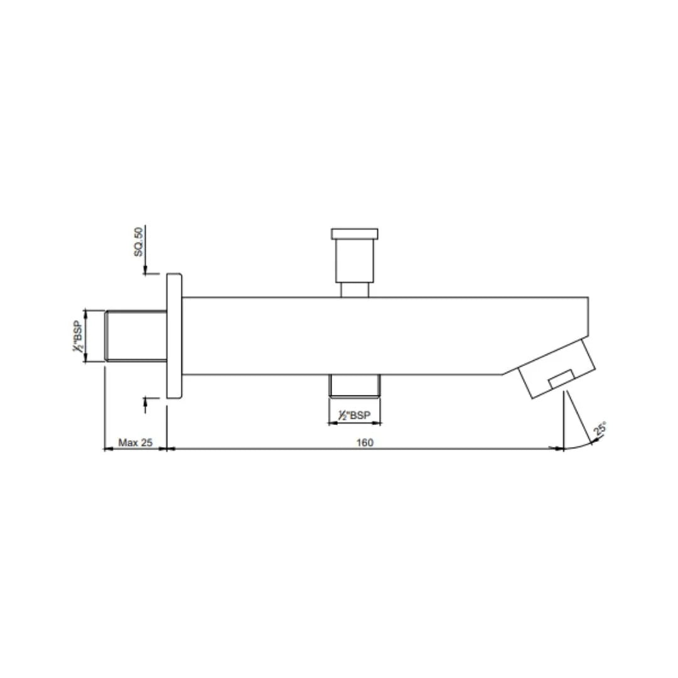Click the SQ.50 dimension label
pyautogui.click(x=139, y=242)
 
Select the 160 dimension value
pyautogui.click(x=365, y=443)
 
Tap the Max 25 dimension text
pyautogui.click(x=136, y=443)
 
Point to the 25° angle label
pyautogui.click(x=600, y=430)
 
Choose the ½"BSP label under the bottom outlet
pyautogui.click(x=355, y=415)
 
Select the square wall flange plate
pyautogui.click(x=174, y=336)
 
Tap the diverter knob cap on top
pyautogui.click(x=355, y=234)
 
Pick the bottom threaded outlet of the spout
pyautogui.click(x=355, y=385)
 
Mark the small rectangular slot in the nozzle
pyautogui.click(x=561, y=379)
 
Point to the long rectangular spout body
pyautogui.click(x=377, y=336)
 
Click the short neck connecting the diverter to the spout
pyautogui.click(x=355, y=289)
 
